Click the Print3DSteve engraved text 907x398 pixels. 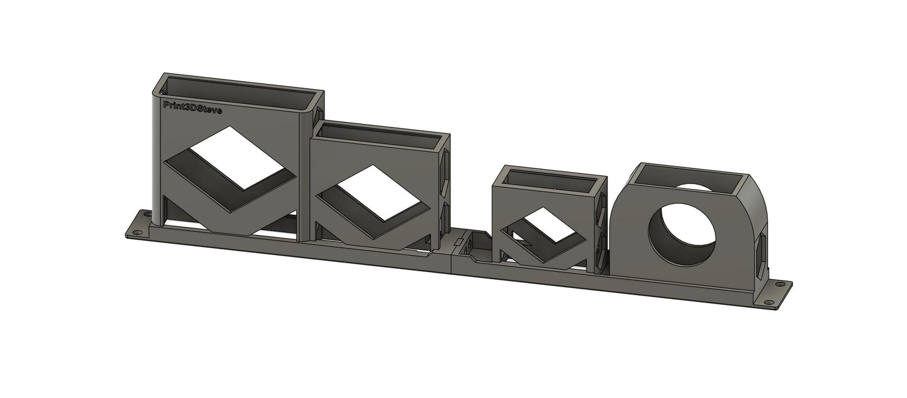(192, 107)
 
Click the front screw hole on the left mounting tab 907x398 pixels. (135, 232)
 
